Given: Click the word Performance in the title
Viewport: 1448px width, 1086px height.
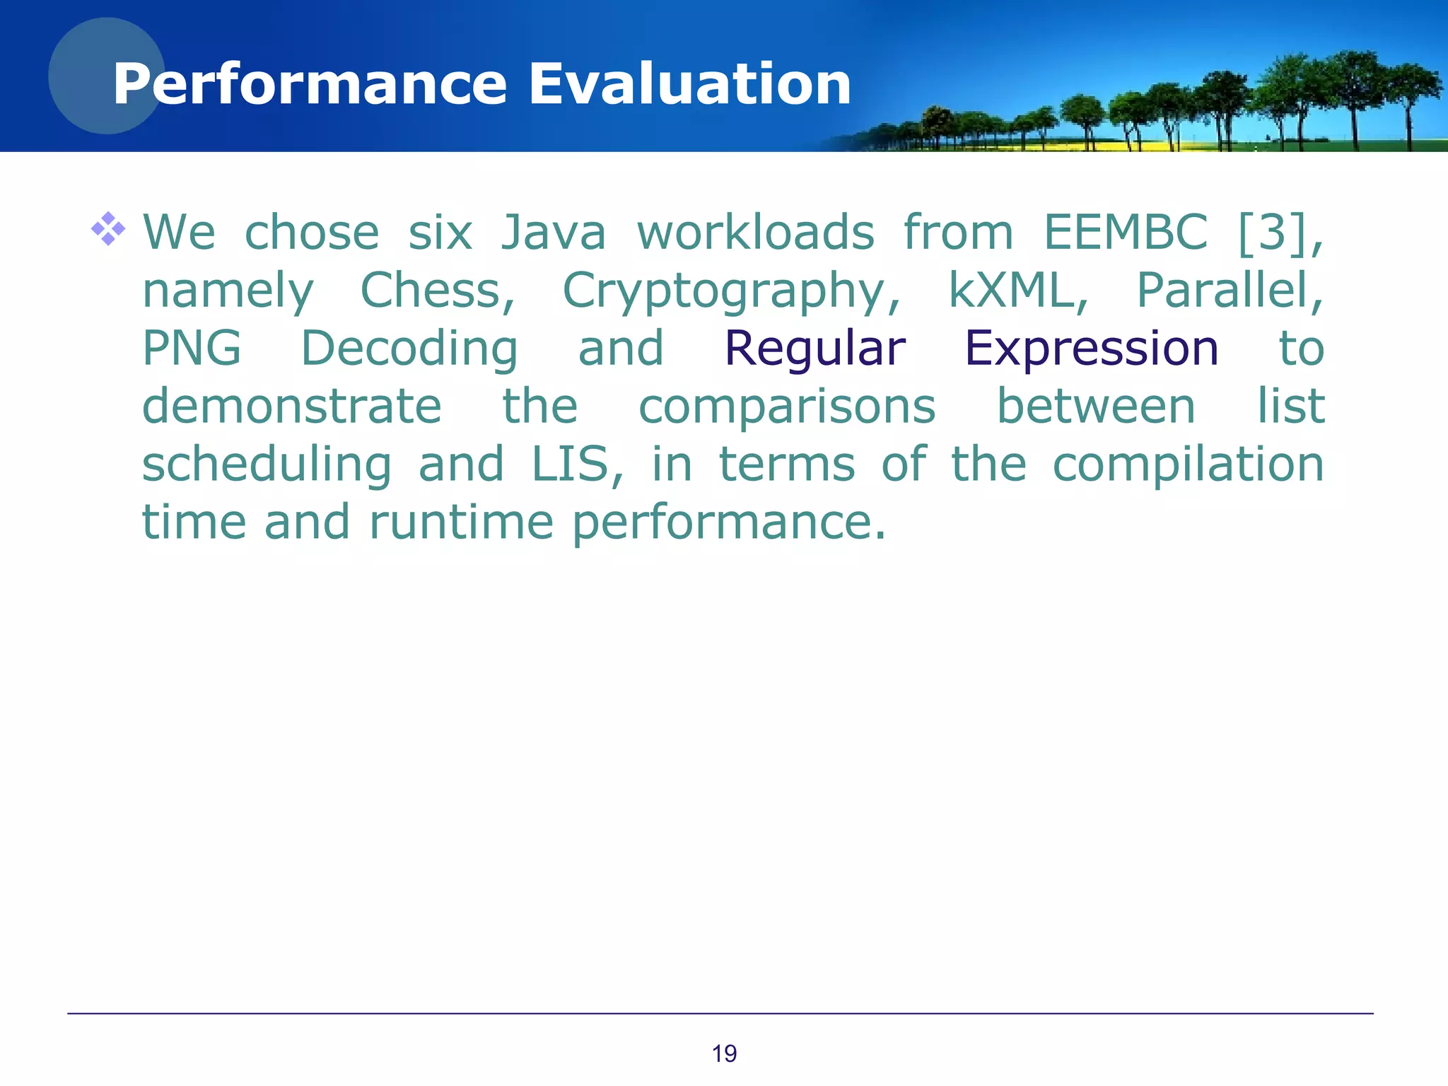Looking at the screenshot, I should pyautogui.click(x=310, y=84).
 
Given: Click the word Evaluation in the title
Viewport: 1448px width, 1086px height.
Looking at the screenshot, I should pyautogui.click(x=689, y=84).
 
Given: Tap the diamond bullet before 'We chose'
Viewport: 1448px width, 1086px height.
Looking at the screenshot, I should pyautogui.click(x=108, y=229).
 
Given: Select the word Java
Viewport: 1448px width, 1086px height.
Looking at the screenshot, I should pyautogui.click(x=554, y=233).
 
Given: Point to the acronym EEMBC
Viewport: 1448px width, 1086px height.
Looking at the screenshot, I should pyautogui.click(x=1126, y=233).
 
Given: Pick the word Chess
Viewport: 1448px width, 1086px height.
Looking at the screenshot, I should pyautogui.click(x=438, y=291).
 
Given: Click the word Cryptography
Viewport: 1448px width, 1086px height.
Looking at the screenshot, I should pyautogui.click(x=731, y=292).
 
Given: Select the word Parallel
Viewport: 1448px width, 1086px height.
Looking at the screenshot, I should pyautogui.click(x=1229, y=291).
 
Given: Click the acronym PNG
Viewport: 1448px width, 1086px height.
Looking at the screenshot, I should pyautogui.click(x=192, y=349).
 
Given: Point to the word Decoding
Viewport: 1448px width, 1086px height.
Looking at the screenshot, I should pyautogui.click(x=409, y=350).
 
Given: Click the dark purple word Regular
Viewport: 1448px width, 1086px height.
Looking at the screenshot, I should pyautogui.click(x=814, y=350).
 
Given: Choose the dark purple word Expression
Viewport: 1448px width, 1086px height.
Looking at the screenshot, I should pyautogui.click(x=1092, y=350).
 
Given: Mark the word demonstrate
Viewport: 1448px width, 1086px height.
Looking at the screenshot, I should pyautogui.click(x=292, y=407).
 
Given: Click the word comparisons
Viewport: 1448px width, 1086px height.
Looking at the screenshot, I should pyautogui.click(x=787, y=408).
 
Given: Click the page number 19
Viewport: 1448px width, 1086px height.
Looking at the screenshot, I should pyautogui.click(x=724, y=1053).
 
